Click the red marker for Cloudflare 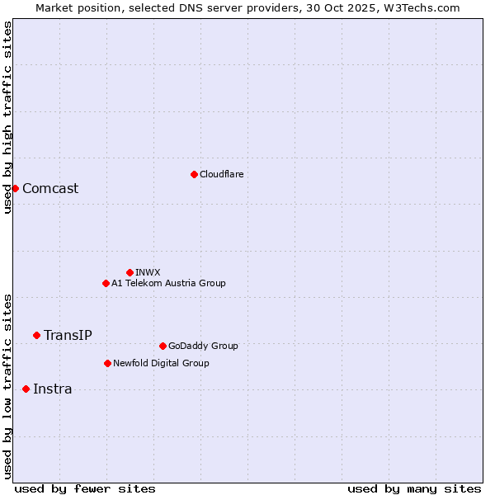[194, 174]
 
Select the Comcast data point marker [15, 188]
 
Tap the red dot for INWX [130, 272]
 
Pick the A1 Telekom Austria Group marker [106, 283]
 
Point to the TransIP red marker [36, 335]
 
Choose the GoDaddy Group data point [163, 346]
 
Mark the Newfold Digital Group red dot [107, 363]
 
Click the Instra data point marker [26, 389]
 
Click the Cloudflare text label [221, 174]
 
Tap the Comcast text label [50, 188]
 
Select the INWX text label [148, 272]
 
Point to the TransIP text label [68, 335]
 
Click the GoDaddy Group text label [203, 346]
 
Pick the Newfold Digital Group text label [161, 363]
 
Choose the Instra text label [52, 389]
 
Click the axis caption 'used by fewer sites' [85, 488]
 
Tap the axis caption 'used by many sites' [414, 488]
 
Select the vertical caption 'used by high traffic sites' [7, 117]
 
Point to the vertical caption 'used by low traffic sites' [7, 385]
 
